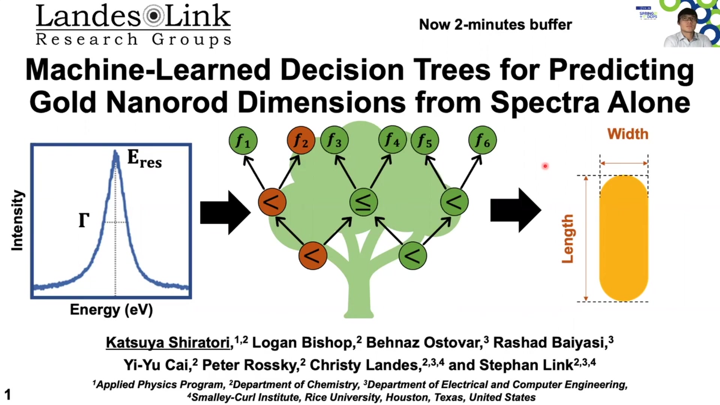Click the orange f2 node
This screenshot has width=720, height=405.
click(301, 141)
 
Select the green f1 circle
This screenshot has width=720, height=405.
click(243, 141)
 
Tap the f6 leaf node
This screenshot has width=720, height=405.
click(482, 141)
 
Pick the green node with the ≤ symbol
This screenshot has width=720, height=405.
click(363, 202)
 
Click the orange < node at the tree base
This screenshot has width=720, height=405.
click(312, 256)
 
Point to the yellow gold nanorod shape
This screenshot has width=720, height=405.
click(624, 238)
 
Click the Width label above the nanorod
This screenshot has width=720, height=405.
click(628, 134)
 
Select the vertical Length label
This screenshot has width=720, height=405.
click(568, 238)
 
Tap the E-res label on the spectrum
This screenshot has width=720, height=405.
click(144, 159)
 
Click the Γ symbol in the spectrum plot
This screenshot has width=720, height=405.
click(84, 220)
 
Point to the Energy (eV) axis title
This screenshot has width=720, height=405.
click(111, 310)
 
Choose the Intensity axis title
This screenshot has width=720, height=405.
click(17, 220)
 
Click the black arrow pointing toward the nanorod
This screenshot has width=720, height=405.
click(516, 210)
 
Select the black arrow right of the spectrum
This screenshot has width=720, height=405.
click(225, 213)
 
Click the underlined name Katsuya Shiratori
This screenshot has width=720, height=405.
click(168, 343)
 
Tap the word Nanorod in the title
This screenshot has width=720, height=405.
click(167, 102)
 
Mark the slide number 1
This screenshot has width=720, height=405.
click(7, 394)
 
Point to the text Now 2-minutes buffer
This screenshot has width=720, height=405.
click(495, 25)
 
